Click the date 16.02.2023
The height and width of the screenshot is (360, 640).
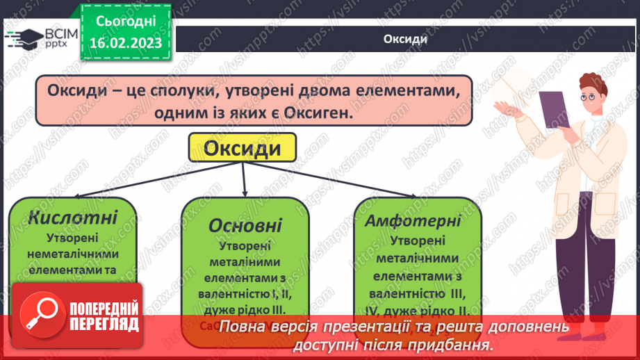click(126, 43)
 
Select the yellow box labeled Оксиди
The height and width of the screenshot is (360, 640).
click(242, 149)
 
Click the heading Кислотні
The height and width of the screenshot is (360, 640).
click(73, 217)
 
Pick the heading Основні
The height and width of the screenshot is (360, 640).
click(245, 225)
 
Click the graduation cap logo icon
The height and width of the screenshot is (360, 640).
click(21, 38)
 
